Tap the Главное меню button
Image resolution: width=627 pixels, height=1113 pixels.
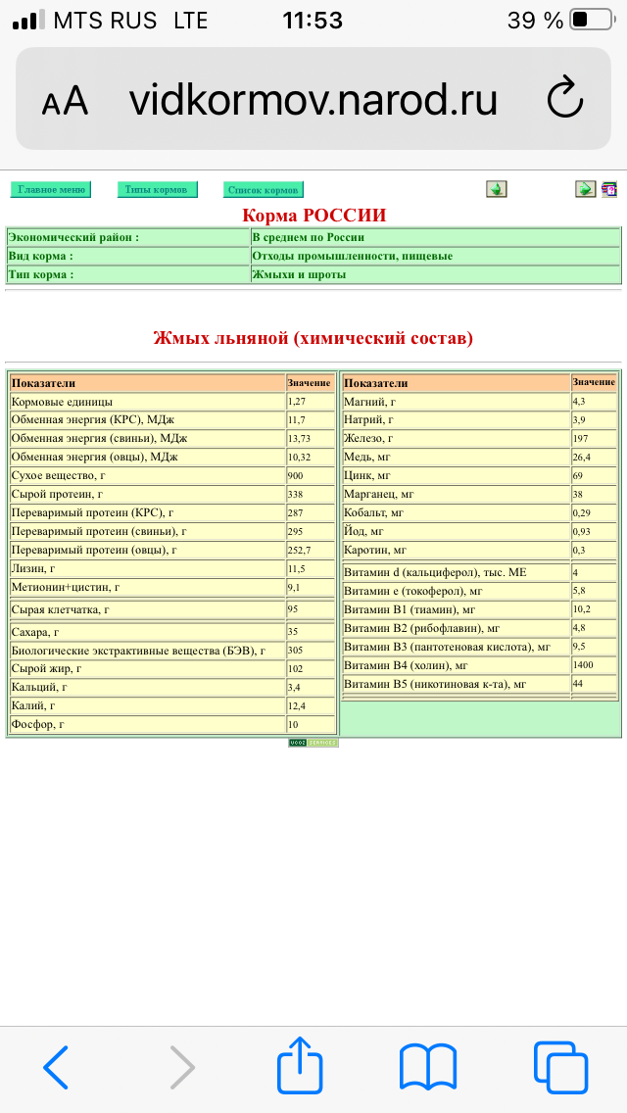click(51, 189)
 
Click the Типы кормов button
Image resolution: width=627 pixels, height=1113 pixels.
click(157, 189)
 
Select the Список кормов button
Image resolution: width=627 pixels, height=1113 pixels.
click(263, 189)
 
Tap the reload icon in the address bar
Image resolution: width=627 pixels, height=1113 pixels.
click(564, 99)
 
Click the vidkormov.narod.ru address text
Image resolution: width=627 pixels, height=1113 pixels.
click(313, 100)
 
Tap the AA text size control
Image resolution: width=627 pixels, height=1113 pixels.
click(65, 102)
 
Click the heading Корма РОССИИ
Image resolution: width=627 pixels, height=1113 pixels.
click(313, 215)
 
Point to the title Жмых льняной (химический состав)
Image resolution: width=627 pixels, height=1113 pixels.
click(313, 338)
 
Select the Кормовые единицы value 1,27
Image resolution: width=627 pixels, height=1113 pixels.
click(298, 402)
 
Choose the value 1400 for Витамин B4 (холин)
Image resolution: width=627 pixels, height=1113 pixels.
click(584, 664)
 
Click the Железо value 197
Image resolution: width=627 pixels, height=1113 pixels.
click(582, 438)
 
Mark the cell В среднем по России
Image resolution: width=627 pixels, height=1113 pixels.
click(308, 237)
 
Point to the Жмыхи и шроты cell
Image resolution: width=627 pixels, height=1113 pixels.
click(299, 274)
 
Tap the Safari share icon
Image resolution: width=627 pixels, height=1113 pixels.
click(300, 1065)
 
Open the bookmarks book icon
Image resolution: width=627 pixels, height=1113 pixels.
click(428, 1066)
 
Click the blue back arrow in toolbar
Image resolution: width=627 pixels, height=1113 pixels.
click(56, 1066)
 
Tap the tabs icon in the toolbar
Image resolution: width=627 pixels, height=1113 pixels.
click(559, 1066)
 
